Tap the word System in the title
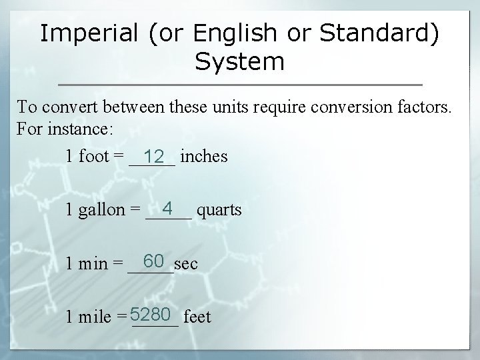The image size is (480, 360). pos(240,62)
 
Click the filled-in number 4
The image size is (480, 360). pos(169,209)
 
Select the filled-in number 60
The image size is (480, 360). pos(153,261)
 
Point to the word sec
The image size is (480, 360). pos(185,264)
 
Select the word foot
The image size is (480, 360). pos(95,157)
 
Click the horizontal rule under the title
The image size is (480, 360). pos(240,85)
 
